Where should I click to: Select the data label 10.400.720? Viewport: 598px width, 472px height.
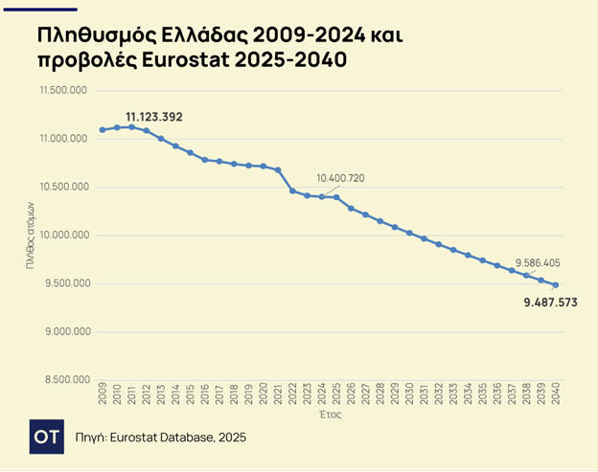pyautogui.click(x=340, y=178)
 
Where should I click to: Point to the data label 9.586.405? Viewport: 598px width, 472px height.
pyautogui.click(x=538, y=262)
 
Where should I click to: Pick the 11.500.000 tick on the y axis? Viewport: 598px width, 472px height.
pyautogui.click(x=64, y=90)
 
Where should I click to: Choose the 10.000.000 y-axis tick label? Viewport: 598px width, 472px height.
pyautogui.click(x=64, y=235)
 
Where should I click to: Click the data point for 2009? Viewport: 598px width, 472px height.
pyautogui.click(x=103, y=130)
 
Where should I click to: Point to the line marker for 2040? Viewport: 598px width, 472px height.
pyautogui.click(x=556, y=284)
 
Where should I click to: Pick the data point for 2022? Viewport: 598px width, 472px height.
pyautogui.click(x=292, y=191)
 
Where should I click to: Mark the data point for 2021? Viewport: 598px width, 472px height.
pyautogui.click(x=278, y=170)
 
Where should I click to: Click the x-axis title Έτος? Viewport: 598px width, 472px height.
pyautogui.click(x=329, y=416)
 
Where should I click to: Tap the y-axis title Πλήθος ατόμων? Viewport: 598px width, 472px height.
pyautogui.click(x=32, y=235)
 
